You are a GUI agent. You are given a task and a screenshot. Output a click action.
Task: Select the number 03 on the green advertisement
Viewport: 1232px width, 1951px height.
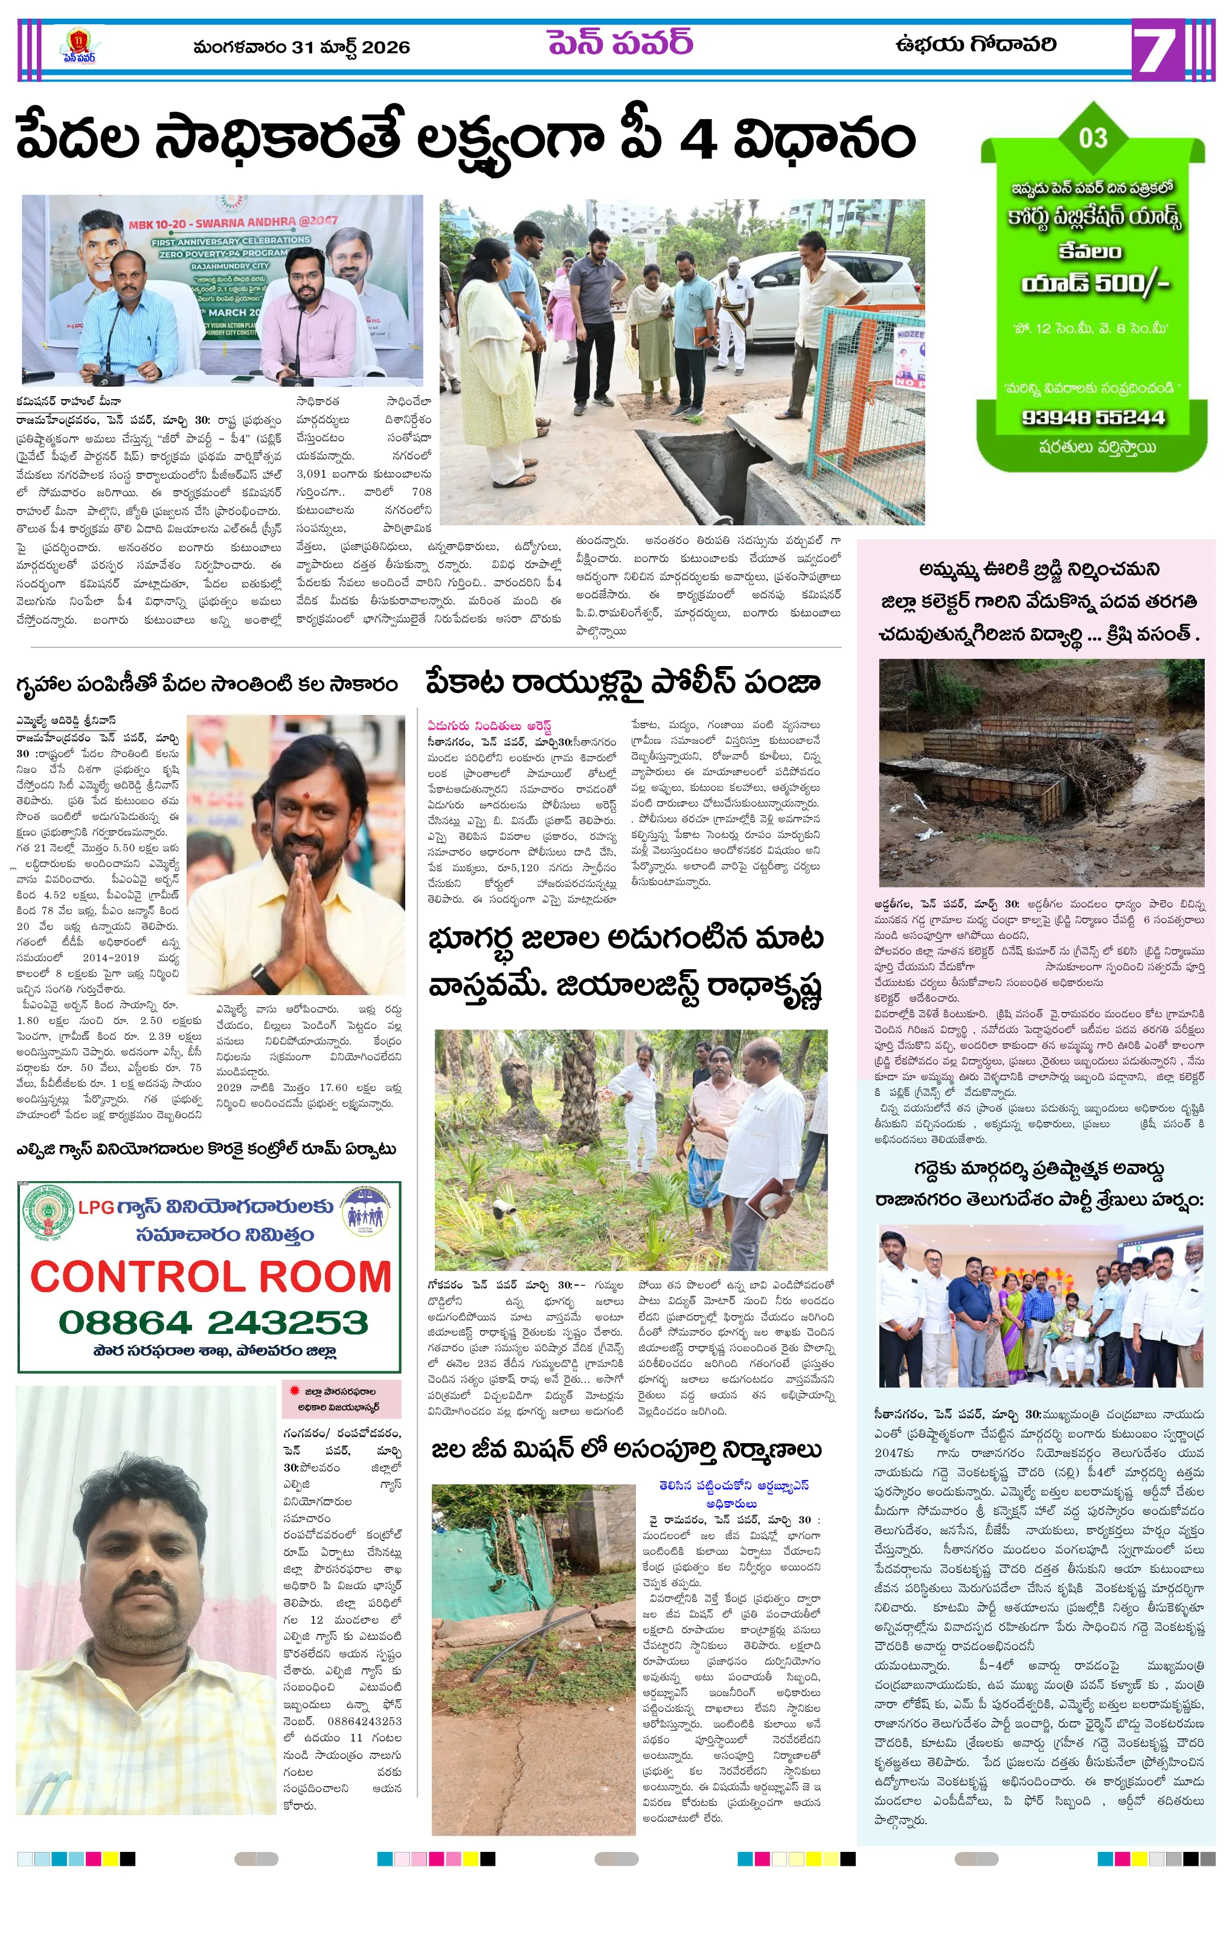pos(1092,138)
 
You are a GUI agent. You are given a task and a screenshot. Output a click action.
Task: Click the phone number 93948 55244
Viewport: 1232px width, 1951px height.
pos(1092,417)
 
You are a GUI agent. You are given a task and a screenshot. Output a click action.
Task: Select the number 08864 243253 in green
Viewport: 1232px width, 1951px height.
pos(213,1322)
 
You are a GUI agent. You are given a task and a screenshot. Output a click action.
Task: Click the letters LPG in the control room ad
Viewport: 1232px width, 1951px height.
pos(95,1207)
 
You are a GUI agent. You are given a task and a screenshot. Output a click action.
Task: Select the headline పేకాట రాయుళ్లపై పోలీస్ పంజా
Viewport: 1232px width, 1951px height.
pos(623,682)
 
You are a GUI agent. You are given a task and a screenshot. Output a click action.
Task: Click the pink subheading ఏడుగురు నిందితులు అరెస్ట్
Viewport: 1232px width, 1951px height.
pos(490,725)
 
